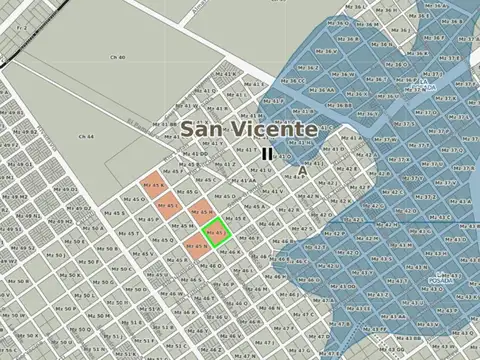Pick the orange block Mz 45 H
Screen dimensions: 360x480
click(200, 212)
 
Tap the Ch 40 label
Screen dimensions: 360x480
click(117, 58)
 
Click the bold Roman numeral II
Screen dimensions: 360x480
click(267, 154)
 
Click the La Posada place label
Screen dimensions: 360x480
click(441, 277)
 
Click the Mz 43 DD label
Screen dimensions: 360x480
click(345, 286)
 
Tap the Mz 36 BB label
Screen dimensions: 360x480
click(339, 105)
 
